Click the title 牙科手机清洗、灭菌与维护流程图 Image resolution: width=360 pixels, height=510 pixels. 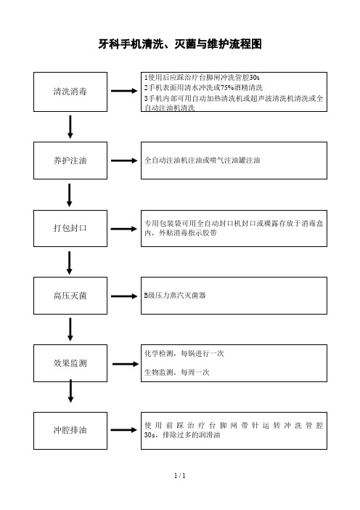pyautogui.click(x=180, y=44)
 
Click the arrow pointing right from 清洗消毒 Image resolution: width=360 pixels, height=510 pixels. pyautogui.click(x=124, y=91)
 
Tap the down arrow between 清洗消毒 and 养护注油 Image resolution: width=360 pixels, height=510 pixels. pyautogui.click(x=70, y=126)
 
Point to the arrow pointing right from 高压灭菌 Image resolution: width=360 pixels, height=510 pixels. pyautogui.click(x=124, y=296)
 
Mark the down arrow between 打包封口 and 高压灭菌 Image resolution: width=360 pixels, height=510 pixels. pyautogui.click(x=69, y=263)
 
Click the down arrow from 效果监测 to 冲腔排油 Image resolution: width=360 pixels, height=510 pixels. pyautogui.click(x=70, y=391)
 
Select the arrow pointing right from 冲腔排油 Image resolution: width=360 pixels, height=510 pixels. pyautogui.click(x=124, y=430)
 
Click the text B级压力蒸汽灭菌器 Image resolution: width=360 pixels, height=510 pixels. pyautogui.click(x=175, y=296)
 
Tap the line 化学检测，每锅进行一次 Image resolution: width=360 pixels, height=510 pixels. pyautogui.click(x=184, y=353)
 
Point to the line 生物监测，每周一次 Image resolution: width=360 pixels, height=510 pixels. pyautogui.click(x=177, y=372)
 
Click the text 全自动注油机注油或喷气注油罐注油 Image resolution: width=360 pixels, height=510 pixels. pyautogui.click(x=202, y=160)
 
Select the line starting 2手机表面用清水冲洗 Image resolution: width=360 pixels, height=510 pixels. pyautogui.click(x=204, y=87)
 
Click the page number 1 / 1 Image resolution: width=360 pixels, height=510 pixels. pyautogui.click(x=180, y=476)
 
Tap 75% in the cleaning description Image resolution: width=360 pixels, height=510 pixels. pyautogui.click(x=226, y=87)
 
